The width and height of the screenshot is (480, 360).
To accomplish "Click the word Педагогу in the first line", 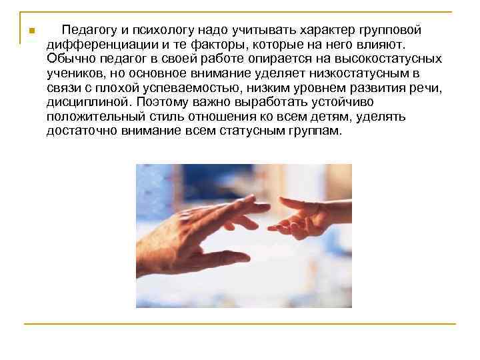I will [85, 31].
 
